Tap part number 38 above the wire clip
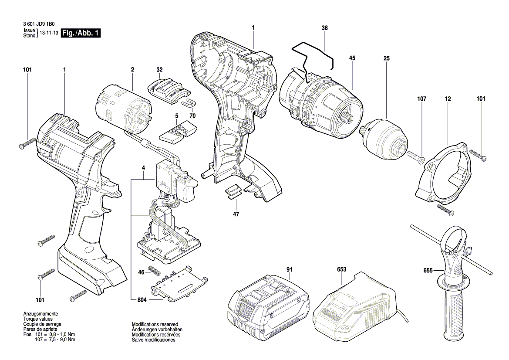click(325, 28)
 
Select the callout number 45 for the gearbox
click(352, 58)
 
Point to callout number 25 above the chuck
click(386, 58)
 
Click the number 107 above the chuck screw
click(421, 99)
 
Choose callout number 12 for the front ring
click(448, 99)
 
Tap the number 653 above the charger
click(341, 269)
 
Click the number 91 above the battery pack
click(289, 269)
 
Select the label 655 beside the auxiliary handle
click(428, 270)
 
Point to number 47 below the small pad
click(236, 214)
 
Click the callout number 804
click(142, 300)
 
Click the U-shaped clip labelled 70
click(188, 103)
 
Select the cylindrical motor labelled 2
click(125, 109)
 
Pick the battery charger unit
click(356, 306)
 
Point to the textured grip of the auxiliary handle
click(455, 312)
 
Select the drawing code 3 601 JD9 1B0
click(39, 24)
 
